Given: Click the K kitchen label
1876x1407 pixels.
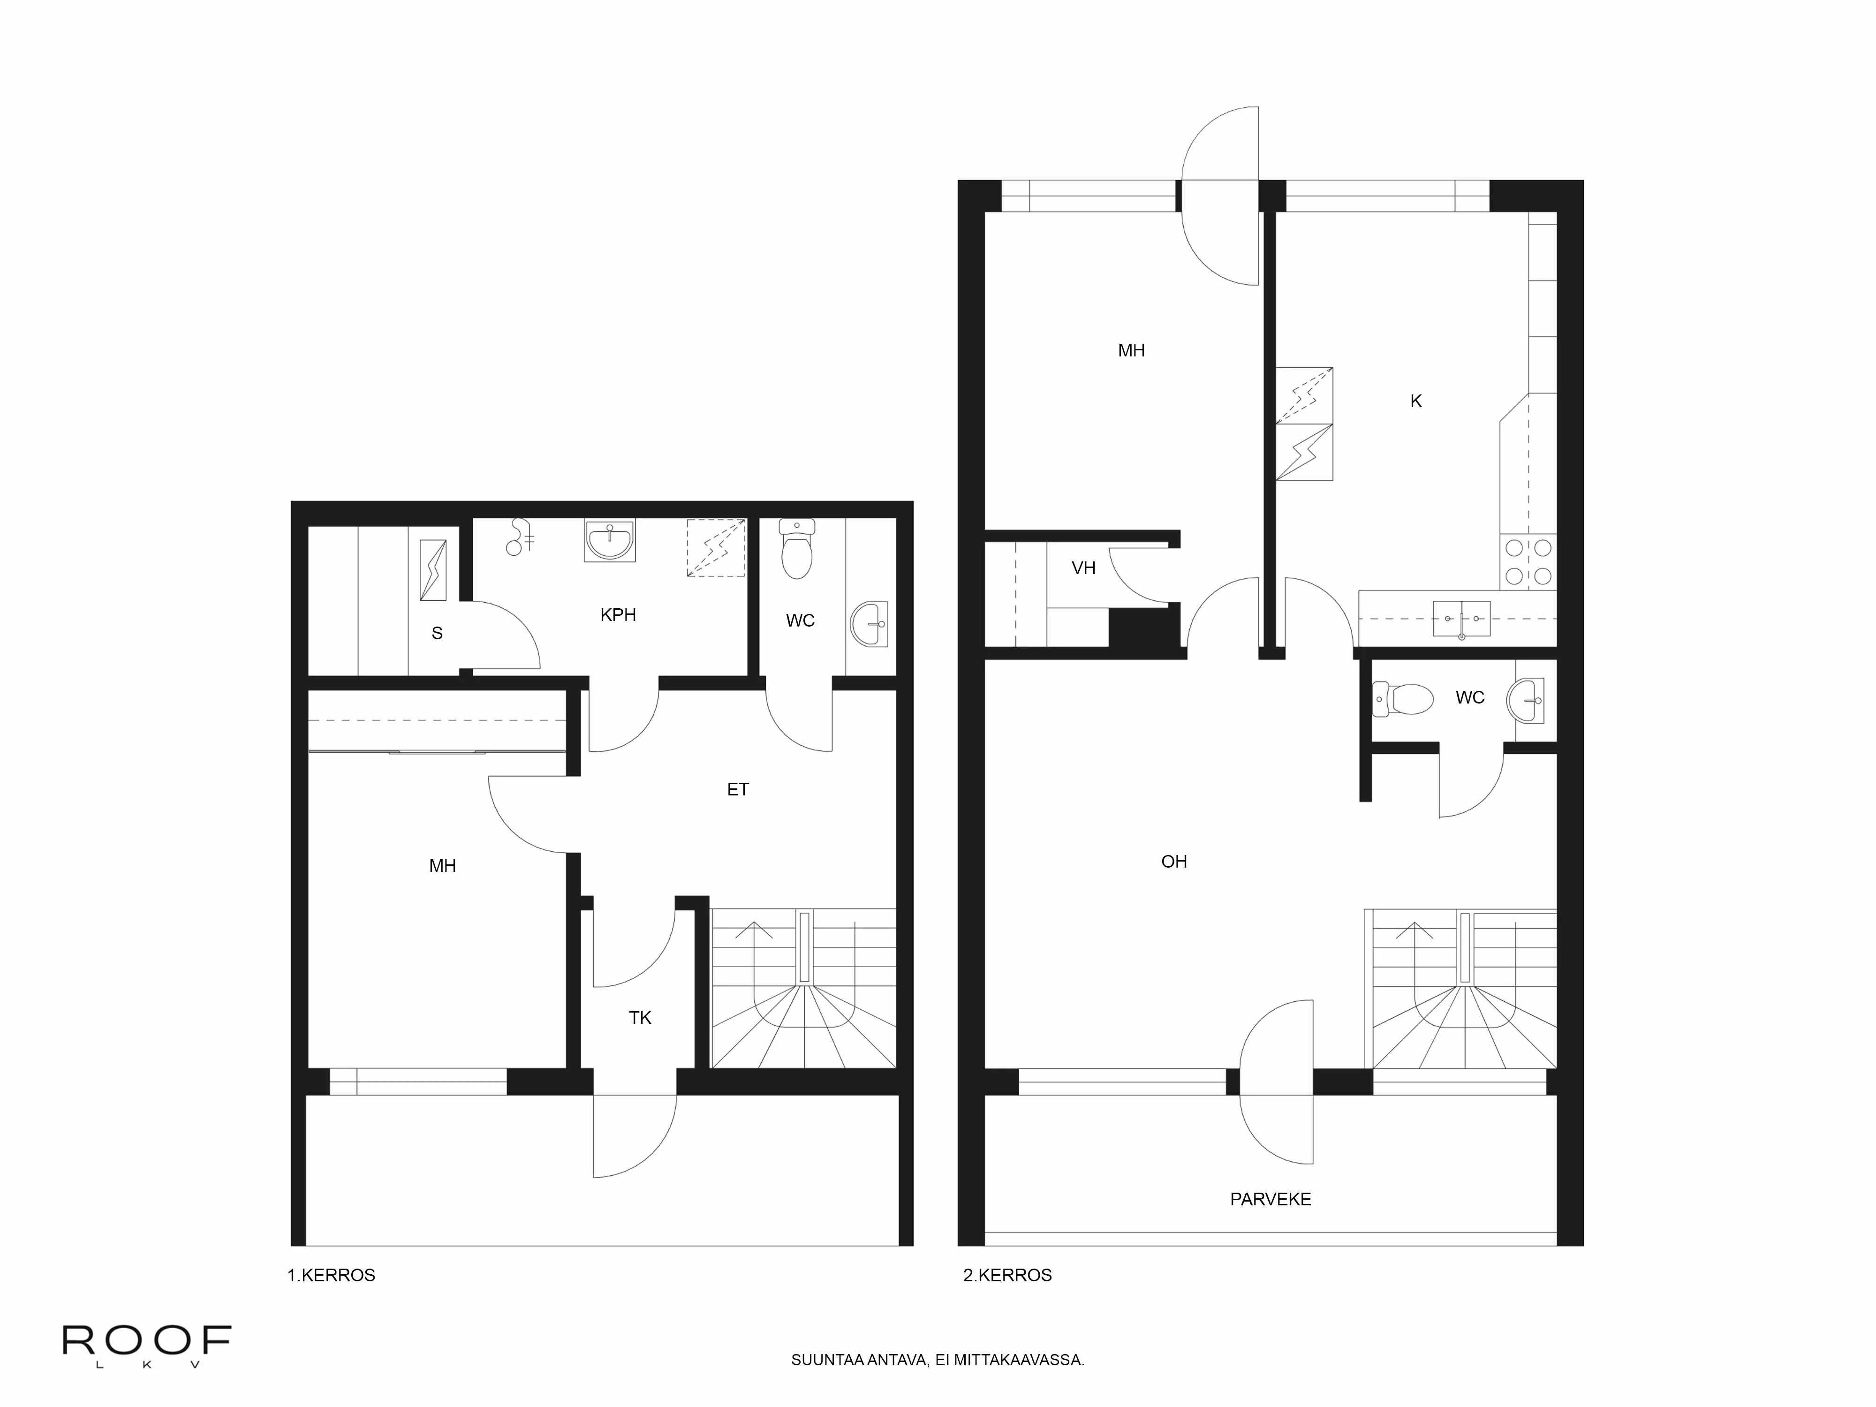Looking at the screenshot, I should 1415,401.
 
